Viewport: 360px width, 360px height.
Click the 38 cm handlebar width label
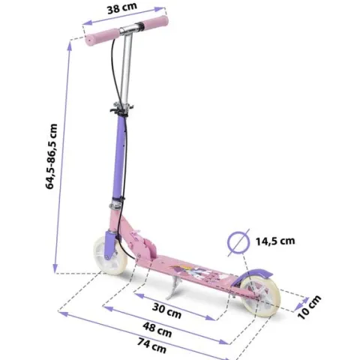[122, 8]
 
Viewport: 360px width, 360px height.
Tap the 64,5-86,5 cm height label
[52, 156]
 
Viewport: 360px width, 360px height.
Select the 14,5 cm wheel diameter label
[275, 241]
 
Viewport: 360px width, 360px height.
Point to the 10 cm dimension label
[309, 307]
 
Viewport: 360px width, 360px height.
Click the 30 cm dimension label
[166, 310]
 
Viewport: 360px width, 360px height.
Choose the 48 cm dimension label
[157, 329]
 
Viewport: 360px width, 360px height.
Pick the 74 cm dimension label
[151, 346]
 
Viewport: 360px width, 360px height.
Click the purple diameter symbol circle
[238, 242]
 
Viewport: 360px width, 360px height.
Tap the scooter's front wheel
[110, 256]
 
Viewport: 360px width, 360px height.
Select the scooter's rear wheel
[260, 297]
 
